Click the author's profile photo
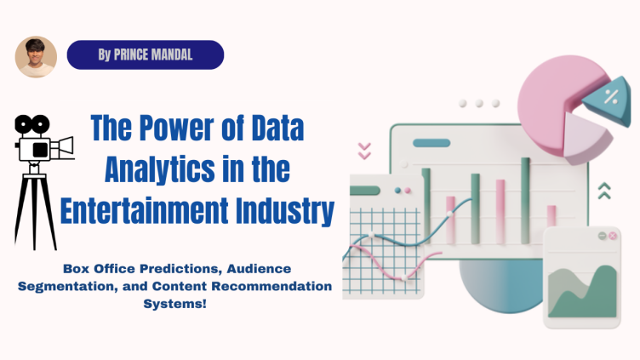[x=36, y=57]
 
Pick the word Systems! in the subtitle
[x=175, y=303]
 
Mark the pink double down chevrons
[x=364, y=151]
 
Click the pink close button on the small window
[x=603, y=235]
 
